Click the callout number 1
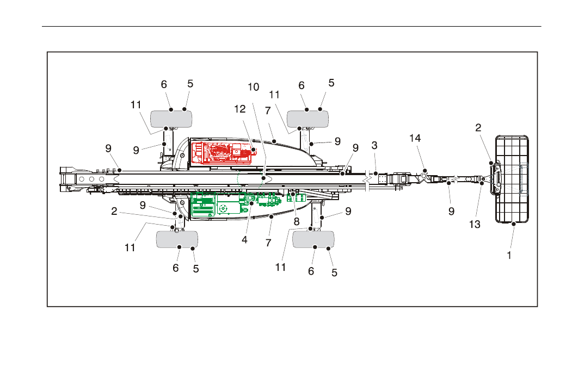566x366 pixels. tap(509, 255)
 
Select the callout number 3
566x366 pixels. tap(374, 145)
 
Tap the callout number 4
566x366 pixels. tap(244, 240)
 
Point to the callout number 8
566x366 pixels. tap(297, 221)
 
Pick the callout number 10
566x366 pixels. tap(254, 87)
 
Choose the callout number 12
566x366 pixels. tap(239, 109)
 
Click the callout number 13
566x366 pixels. tap(475, 224)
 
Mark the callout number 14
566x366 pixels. tap(415, 138)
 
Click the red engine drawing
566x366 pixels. tap(224, 153)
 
